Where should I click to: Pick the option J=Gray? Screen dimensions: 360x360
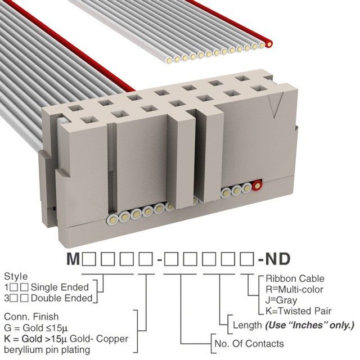coord(282,300)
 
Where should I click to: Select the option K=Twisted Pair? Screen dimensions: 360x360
coord(299,310)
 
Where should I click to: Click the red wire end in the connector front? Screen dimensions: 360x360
coord(258,185)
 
